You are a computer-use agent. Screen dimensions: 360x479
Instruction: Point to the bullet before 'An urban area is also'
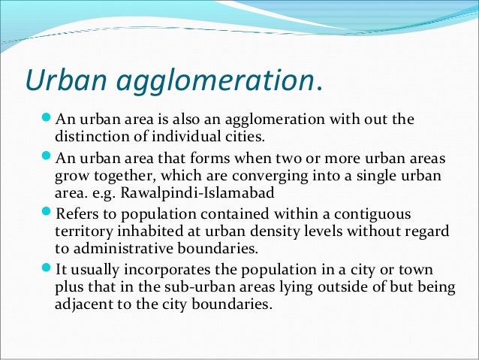pos(45,120)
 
